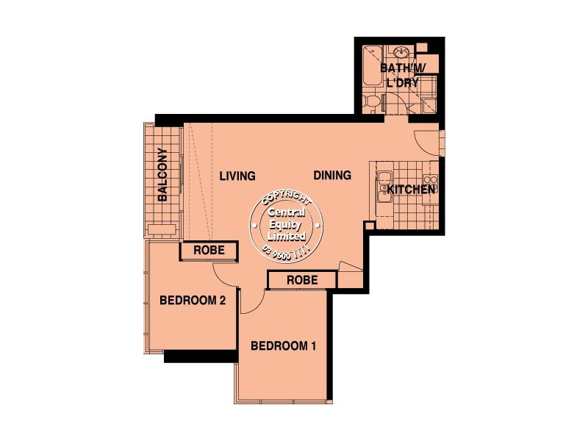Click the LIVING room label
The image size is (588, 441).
point(237,176)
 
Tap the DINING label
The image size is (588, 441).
point(332,176)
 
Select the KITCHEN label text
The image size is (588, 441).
point(412,190)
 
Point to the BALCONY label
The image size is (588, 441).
point(162,175)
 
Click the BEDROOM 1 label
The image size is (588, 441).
point(284,346)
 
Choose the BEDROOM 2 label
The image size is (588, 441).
point(192,300)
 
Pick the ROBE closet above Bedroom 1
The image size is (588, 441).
point(301,280)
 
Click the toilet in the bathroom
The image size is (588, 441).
point(373,101)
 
